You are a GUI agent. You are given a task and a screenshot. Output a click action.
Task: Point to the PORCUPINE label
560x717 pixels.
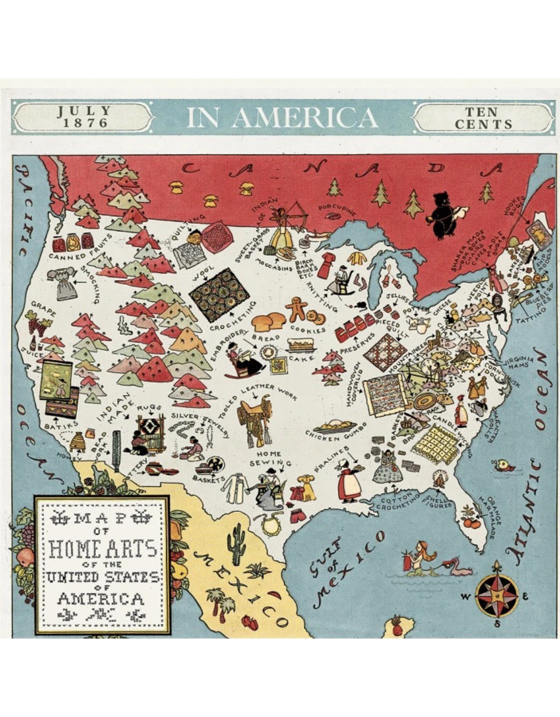tap(338, 210)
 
